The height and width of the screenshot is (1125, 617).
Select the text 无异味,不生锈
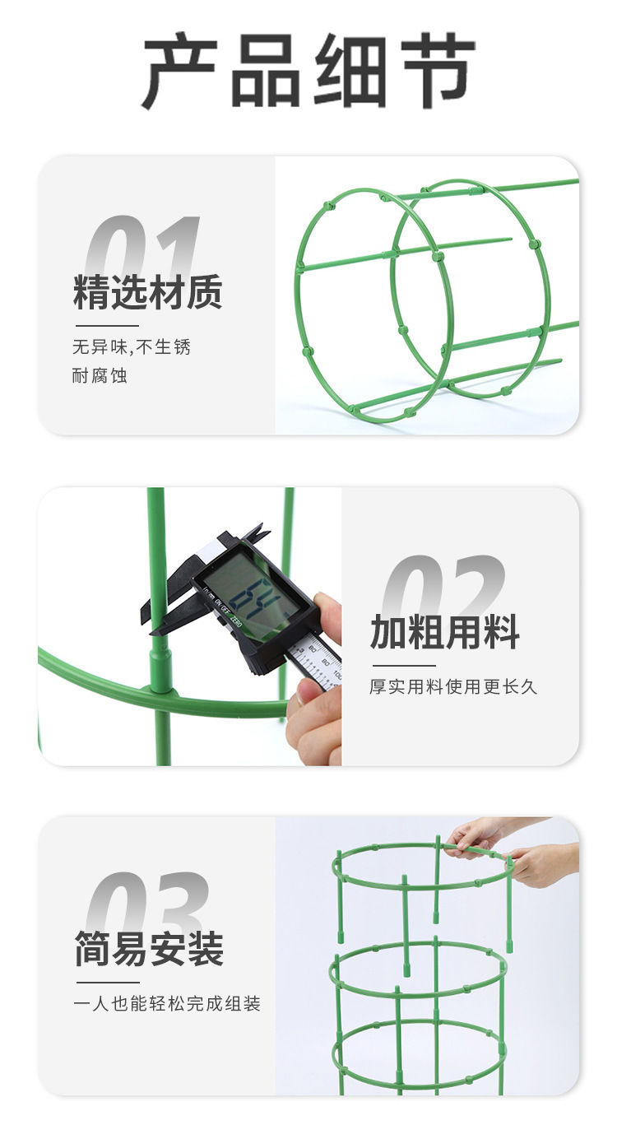132,347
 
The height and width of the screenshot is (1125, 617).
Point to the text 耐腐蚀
100,377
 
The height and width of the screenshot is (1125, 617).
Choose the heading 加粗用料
445,632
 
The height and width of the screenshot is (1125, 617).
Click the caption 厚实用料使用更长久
453,686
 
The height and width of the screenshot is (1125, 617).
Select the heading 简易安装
149,948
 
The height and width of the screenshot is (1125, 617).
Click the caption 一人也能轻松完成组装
168,1004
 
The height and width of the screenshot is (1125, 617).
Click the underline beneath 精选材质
107,326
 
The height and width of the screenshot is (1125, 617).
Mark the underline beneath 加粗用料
404,665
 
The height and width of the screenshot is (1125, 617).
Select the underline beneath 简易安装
108,982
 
